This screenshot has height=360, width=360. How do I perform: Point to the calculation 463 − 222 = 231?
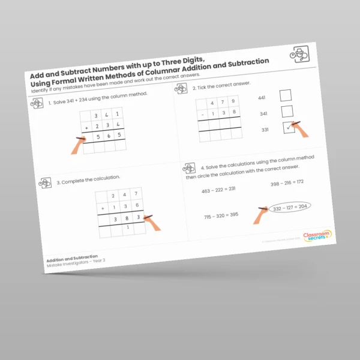[x=218, y=188]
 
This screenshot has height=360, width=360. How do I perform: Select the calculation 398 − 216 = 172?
[x=287, y=182]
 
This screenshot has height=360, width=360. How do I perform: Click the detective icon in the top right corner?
[x=300, y=53]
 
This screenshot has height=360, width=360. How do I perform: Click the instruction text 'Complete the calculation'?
[x=89, y=178]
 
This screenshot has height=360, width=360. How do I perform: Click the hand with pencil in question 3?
[x=152, y=222]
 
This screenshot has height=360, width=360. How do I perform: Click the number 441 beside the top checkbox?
[x=262, y=97]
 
